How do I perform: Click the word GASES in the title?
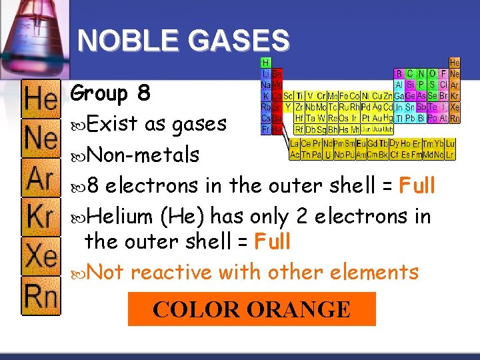[x=239, y=41]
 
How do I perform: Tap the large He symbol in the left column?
[x=41, y=100]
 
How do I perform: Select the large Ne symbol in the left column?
[x=41, y=139]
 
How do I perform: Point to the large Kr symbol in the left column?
[x=41, y=217]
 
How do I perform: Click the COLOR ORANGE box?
[x=251, y=309]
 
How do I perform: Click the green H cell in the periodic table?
[x=265, y=62]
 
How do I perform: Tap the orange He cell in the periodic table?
[x=454, y=62]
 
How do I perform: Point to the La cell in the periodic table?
[x=295, y=143]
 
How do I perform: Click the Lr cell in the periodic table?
[x=451, y=154]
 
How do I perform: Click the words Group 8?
[x=110, y=93]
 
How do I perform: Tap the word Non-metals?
[x=143, y=155]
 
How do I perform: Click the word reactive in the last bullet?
[x=175, y=272]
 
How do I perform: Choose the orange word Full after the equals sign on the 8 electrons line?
[x=417, y=185]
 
